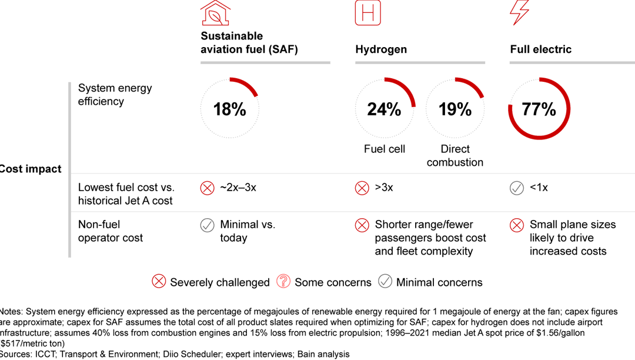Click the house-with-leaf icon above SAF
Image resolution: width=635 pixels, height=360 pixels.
tap(215, 13)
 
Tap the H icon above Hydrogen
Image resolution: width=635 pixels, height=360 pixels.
tap(368, 13)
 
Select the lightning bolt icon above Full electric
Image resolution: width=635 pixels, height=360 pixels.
tap(520, 12)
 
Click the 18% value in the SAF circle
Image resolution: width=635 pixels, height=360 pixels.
tap(229, 109)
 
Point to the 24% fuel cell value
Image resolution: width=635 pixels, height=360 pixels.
tap(384, 109)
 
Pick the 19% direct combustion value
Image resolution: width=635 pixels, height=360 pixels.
tap(455, 109)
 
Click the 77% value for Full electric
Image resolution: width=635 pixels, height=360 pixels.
tap(539, 109)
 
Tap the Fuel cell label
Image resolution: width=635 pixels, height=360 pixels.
tap(384, 149)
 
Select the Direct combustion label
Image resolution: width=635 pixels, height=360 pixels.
tap(455, 156)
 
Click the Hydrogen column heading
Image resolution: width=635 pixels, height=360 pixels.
tap(381, 49)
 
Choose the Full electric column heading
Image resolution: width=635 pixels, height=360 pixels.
tap(540, 49)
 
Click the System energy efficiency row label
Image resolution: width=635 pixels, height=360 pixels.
tap(115, 95)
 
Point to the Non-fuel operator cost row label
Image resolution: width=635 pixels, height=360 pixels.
tap(111, 231)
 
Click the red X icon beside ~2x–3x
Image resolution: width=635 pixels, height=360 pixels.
tap(207, 188)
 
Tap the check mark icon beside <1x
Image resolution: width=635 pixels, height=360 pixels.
tap(516, 188)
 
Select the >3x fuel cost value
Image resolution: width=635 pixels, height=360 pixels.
tap(384, 188)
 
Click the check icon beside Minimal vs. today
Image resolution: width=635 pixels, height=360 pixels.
tap(207, 225)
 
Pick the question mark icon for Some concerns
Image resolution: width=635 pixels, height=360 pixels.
tap(283, 282)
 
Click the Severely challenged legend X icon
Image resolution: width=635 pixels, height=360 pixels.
tap(159, 282)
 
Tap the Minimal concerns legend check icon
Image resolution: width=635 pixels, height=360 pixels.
tap(385, 282)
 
